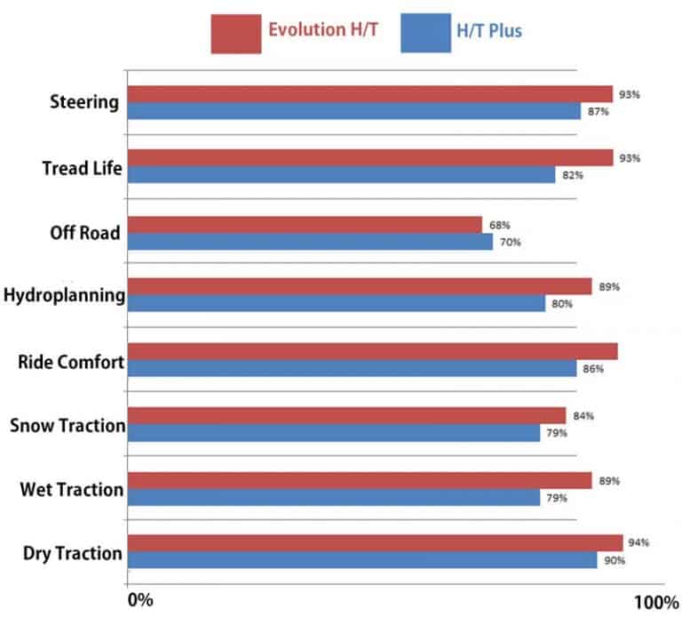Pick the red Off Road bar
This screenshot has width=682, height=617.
click(305, 224)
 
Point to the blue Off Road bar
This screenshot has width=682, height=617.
click(311, 241)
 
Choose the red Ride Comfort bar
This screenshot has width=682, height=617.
click(373, 351)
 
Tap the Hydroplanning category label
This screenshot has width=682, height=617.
click(64, 294)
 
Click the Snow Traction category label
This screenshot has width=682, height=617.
click(67, 426)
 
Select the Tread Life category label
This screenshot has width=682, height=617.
click(82, 168)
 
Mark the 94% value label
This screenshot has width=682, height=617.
click(639, 542)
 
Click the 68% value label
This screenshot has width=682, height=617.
click(499, 224)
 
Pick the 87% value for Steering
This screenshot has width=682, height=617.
click(599, 111)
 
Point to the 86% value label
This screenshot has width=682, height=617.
click(593, 368)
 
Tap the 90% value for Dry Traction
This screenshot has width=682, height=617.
click(615, 560)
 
